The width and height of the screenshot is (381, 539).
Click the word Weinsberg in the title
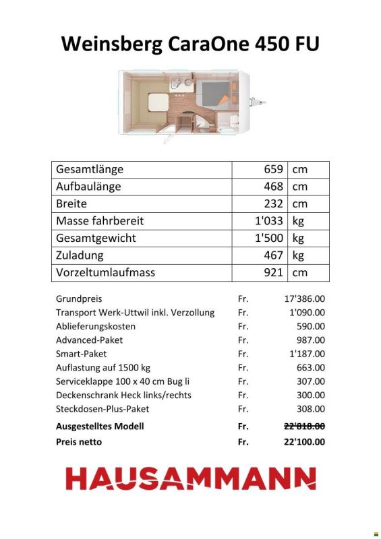point(109,44)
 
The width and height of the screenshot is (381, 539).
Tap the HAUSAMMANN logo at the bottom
point(190,479)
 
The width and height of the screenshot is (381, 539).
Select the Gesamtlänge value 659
point(273,170)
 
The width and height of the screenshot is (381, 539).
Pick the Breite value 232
point(273,203)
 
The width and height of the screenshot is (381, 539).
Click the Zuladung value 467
point(273,255)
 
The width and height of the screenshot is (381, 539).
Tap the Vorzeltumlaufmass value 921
point(273,272)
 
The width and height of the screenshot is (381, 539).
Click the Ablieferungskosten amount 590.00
point(310,326)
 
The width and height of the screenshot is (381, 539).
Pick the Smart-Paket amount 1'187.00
point(307,354)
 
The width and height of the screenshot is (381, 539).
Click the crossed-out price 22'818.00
point(304,426)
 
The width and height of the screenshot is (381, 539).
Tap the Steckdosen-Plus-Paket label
point(102,409)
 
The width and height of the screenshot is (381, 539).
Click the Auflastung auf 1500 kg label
point(102,368)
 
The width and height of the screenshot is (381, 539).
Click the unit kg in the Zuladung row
point(299,255)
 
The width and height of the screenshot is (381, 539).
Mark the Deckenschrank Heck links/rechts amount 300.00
point(310,395)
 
